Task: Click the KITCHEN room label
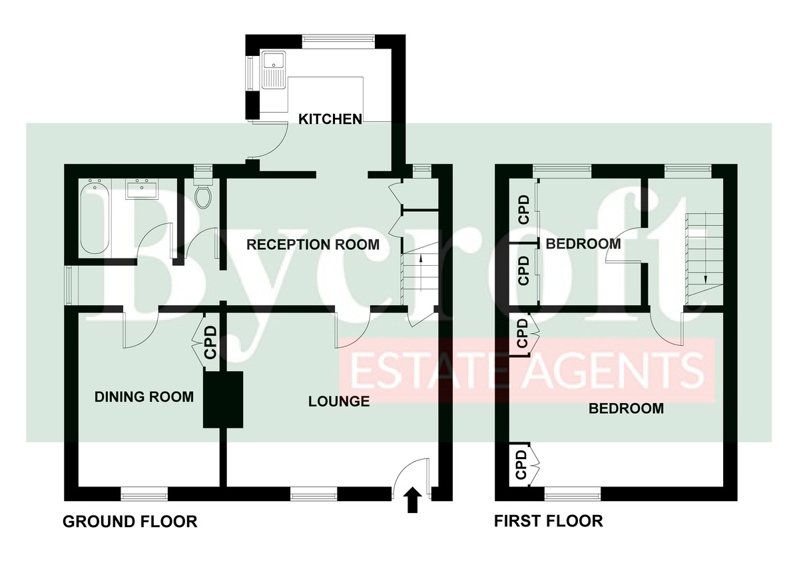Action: pyautogui.click(x=330, y=119)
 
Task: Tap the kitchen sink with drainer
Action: pyautogui.click(x=273, y=69)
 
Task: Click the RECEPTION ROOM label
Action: pyautogui.click(x=313, y=245)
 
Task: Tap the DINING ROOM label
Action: pyautogui.click(x=144, y=397)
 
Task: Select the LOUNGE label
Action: pyautogui.click(x=339, y=402)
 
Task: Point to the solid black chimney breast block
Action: pyautogui.click(x=223, y=399)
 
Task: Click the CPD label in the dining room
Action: pyautogui.click(x=211, y=342)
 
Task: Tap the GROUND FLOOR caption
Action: pyautogui.click(x=130, y=522)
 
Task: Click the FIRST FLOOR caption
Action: pyautogui.click(x=549, y=521)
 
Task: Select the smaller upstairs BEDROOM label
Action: pyautogui.click(x=583, y=244)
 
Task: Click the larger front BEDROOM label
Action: pyautogui.click(x=627, y=408)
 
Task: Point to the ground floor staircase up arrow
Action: pyautogui.click(x=421, y=273)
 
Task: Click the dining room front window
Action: pyautogui.click(x=144, y=495)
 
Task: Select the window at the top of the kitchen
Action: pyautogui.click(x=338, y=41)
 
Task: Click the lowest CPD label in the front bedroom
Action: pyautogui.click(x=521, y=464)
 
